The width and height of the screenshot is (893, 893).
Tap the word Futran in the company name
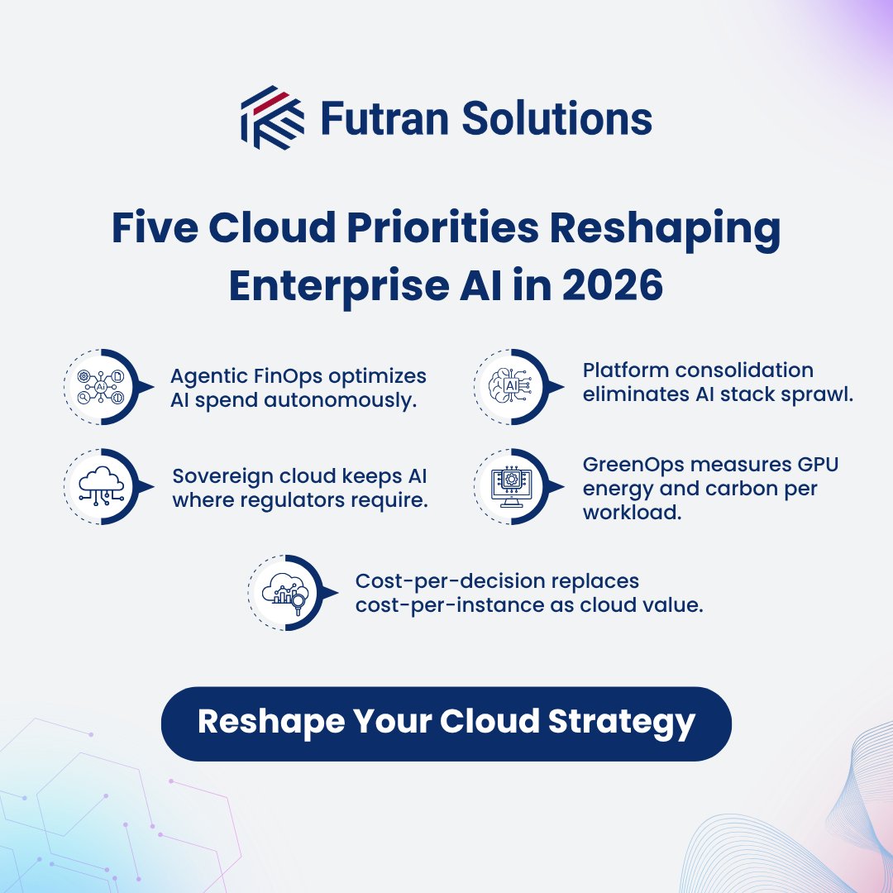click(373, 118)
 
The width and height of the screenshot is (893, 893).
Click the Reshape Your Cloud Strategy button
click(446, 723)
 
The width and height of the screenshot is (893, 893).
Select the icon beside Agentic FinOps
click(99, 386)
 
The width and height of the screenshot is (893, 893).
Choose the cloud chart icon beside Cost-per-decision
click(284, 592)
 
